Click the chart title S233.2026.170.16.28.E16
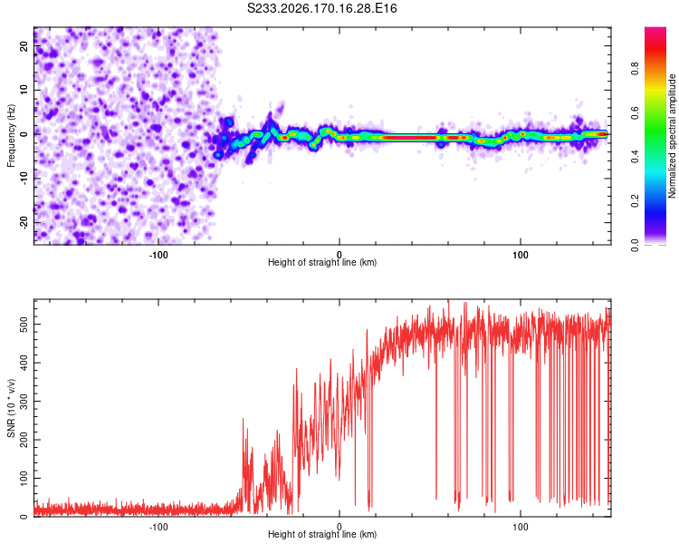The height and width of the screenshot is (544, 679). pyautogui.click(x=321, y=8)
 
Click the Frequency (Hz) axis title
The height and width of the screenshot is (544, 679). pyautogui.click(x=11, y=136)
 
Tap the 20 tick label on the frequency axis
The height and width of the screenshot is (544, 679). pyautogui.click(x=24, y=45)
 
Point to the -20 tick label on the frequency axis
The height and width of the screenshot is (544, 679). pyautogui.click(x=24, y=222)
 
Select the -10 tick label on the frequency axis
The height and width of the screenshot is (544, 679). pyautogui.click(x=24, y=179)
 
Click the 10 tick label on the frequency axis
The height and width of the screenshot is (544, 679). pyautogui.click(x=24, y=90)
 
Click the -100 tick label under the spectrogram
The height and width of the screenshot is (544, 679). pyautogui.click(x=158, y=255)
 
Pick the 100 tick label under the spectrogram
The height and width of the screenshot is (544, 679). pyautogui.click(x=521, y=255)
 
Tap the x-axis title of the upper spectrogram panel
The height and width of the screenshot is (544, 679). pyautogui.click(x=322, y=262)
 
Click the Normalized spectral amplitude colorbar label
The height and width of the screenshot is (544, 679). pyautogui.click(x=672, y=136)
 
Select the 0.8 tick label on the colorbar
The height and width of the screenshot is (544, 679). pyautogui.click(x=635, y=69)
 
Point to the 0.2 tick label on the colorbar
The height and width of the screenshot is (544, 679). pyautogui.click(x=635, y=201)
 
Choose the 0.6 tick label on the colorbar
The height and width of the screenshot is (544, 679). pyautogui.click(x=635, y=112)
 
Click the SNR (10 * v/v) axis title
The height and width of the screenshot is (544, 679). pyautogui.click(x=11, y=408)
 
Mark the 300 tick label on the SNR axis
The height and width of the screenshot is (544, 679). pyautogui.click(x=24, y=402)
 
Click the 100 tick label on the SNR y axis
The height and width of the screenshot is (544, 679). pyautogui.click(x=24, y=478)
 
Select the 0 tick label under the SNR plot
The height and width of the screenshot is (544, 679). pyautogui.click(x=339, y=527)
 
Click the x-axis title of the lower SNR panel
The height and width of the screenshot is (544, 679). pyautogui.click(x=322, y=534)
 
